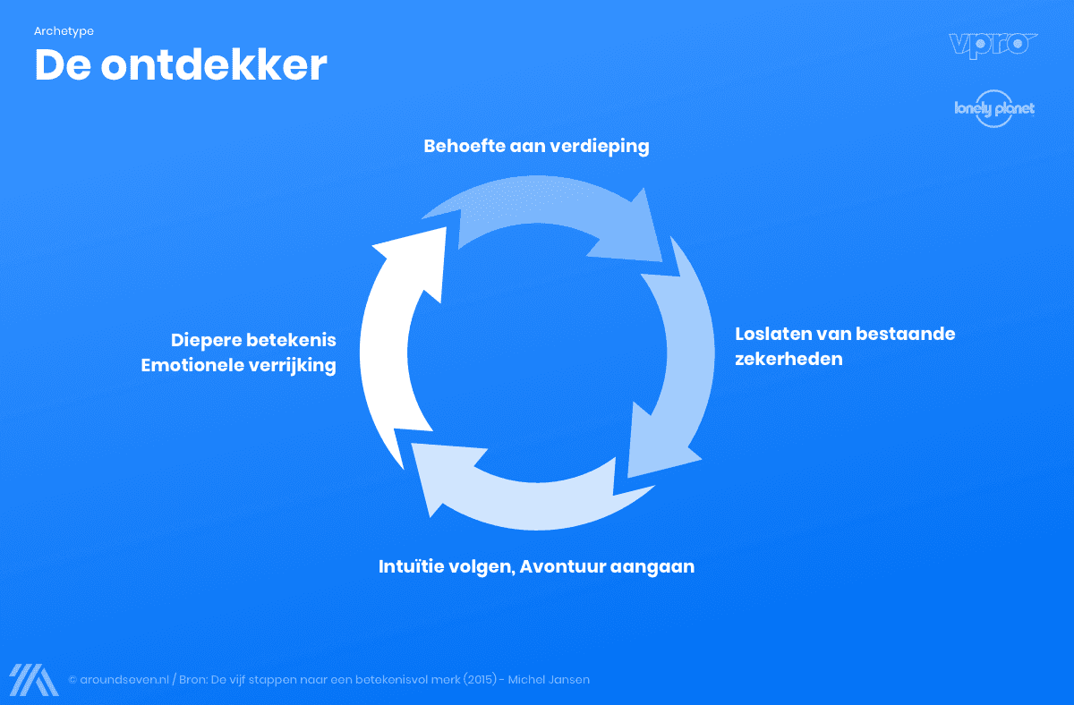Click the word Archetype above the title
[64, 31]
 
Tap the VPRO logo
[993, 45]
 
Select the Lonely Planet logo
[993, 109]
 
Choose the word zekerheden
[788, 360]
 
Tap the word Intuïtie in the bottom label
[409, 566]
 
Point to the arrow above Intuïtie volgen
[510, 488]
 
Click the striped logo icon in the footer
[34, 680]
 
